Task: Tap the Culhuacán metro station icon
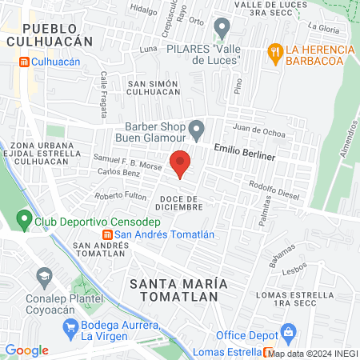(24, 61)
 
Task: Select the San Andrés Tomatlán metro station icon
(107, 234)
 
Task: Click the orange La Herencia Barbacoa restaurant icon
(275, 52)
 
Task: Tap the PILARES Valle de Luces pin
(222, 30)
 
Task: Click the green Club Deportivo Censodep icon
(22, 218)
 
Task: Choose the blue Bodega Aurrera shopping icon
(71, 326)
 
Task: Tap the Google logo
(26, 350)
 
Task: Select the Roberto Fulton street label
(120, 197)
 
